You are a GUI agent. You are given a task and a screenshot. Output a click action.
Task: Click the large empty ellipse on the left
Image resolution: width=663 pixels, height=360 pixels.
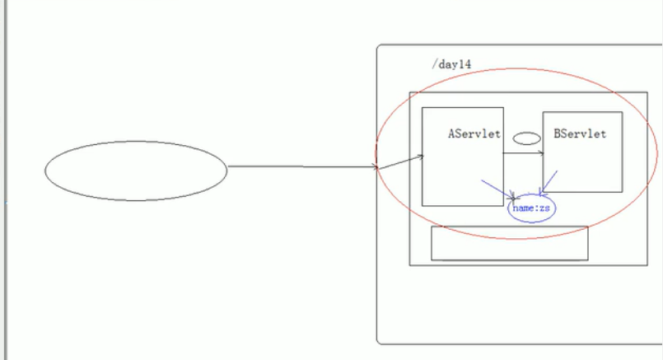135,171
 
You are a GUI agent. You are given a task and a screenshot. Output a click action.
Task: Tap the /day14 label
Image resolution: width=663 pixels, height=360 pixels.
451,63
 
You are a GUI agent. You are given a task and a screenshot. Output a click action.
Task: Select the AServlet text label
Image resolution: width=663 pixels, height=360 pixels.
474,133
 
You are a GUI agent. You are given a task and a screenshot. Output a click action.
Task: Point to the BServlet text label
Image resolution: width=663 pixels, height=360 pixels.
580,133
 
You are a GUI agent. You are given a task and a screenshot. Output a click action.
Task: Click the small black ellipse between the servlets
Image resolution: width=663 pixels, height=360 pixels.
527,138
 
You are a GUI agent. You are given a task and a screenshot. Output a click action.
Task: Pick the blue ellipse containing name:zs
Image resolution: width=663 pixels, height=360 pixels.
531,208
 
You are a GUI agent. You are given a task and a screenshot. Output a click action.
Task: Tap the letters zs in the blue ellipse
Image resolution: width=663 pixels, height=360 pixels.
544,208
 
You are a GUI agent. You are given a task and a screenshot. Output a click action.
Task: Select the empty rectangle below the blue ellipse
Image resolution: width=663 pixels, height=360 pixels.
509,243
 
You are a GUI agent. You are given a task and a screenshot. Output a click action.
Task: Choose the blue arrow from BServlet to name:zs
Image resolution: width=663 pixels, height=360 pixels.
550,182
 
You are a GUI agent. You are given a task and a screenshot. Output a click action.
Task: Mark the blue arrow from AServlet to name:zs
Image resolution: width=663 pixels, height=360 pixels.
498,190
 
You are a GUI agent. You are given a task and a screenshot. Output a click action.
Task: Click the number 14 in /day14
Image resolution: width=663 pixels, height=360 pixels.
465,63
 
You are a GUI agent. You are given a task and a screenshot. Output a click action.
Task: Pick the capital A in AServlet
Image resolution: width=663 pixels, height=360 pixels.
452,133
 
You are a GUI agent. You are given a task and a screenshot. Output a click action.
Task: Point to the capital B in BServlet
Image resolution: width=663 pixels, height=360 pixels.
558,133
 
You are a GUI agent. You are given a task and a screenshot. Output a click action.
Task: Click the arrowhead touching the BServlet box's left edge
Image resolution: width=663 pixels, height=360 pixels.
539,152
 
